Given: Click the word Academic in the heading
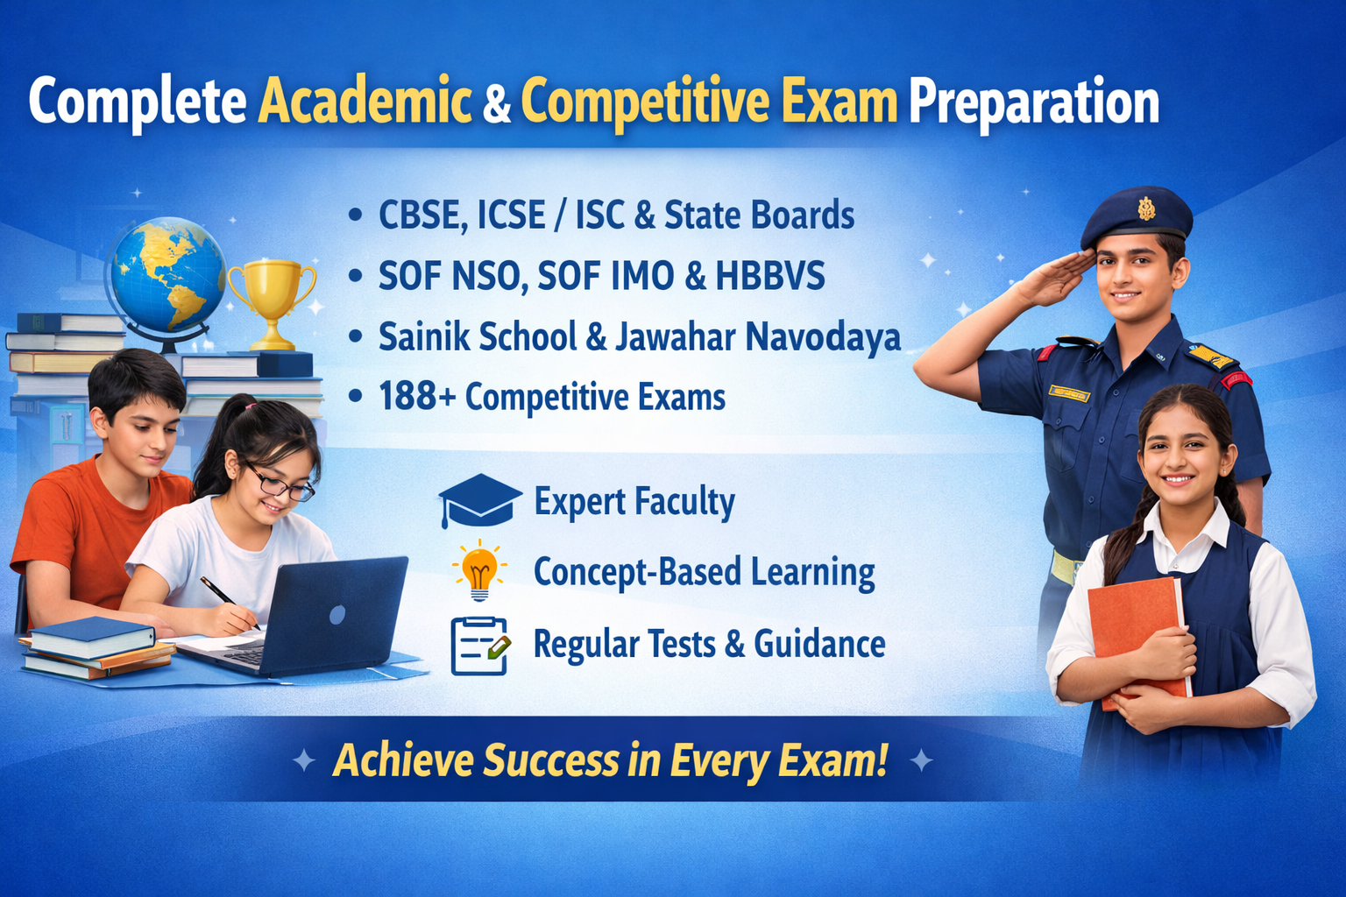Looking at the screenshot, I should (x=365, y=102).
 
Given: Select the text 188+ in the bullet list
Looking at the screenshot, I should (x=416, y=397).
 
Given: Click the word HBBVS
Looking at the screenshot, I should (x=770, y=277).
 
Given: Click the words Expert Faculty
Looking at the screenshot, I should (x=634, y=502).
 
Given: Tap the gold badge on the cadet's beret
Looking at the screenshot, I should (x=1145, y=208).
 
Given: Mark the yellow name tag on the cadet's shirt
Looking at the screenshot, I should (x=1068, y=393).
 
